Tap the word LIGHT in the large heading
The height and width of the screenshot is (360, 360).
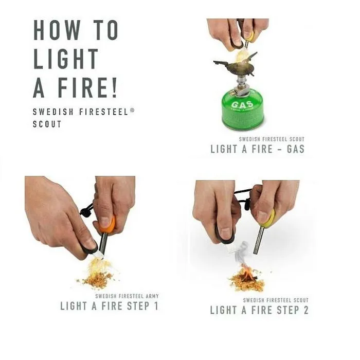[66, 60]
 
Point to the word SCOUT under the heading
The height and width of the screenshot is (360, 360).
[47, 124]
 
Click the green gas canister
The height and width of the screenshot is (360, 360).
[242, 110]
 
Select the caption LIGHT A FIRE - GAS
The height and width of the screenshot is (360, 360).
[257, 149]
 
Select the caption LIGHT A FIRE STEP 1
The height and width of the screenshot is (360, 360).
[110, 306]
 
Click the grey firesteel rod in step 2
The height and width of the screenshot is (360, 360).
[259, 242]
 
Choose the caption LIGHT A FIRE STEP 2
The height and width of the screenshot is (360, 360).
[259, 310]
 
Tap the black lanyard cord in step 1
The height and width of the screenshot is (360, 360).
[87, 210]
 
